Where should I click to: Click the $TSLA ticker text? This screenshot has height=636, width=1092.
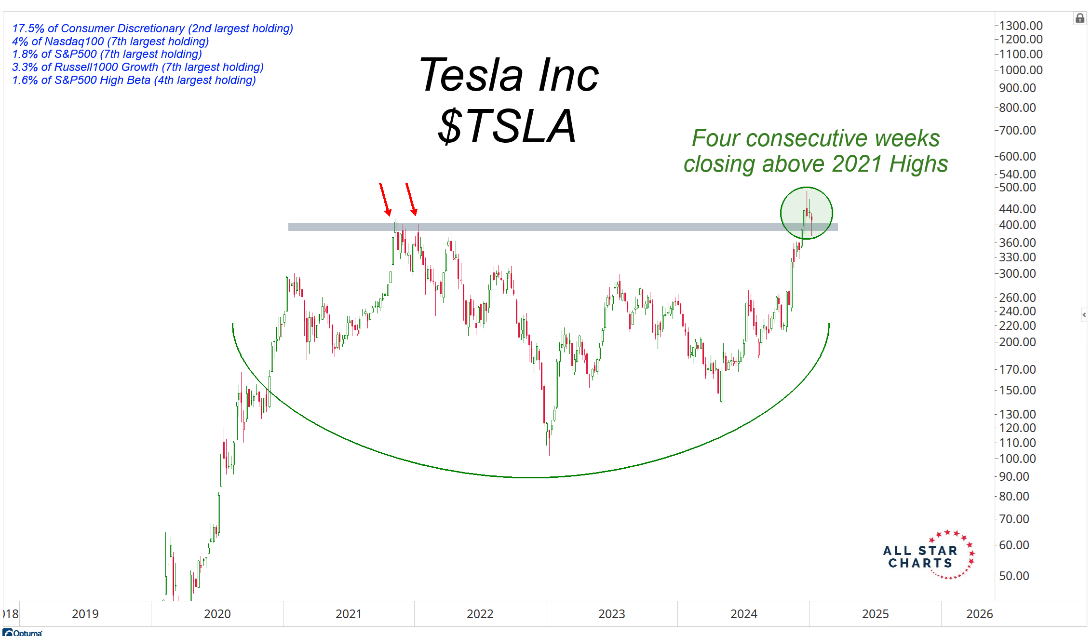(507, 127)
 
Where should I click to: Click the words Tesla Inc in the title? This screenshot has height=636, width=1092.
(509, 75)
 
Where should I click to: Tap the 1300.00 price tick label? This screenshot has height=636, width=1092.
(1020, 26)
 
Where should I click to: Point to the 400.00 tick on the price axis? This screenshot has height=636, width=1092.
(1017, 225)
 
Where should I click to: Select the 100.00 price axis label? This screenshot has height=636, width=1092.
(1017, 459)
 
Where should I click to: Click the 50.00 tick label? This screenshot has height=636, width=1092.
(1014, 576)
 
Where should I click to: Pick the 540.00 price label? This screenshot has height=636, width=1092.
(1017, 174)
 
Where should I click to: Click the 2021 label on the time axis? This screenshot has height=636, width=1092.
(348, 614)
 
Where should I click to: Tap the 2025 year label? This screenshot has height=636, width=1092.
(875, 614)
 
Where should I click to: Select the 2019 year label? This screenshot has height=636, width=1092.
(85, 614)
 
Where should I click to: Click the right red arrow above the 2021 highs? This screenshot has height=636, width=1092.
(411, 199)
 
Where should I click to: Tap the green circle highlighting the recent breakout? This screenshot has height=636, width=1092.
(806, 213)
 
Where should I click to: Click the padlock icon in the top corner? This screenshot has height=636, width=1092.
(1079, 18)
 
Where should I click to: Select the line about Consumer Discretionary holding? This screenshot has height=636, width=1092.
(152, 28)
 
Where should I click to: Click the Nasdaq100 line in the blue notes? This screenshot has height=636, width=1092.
(110, 41)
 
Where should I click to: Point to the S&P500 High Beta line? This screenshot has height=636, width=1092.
(134, 80)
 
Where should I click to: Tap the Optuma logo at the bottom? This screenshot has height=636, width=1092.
(23, 632)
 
